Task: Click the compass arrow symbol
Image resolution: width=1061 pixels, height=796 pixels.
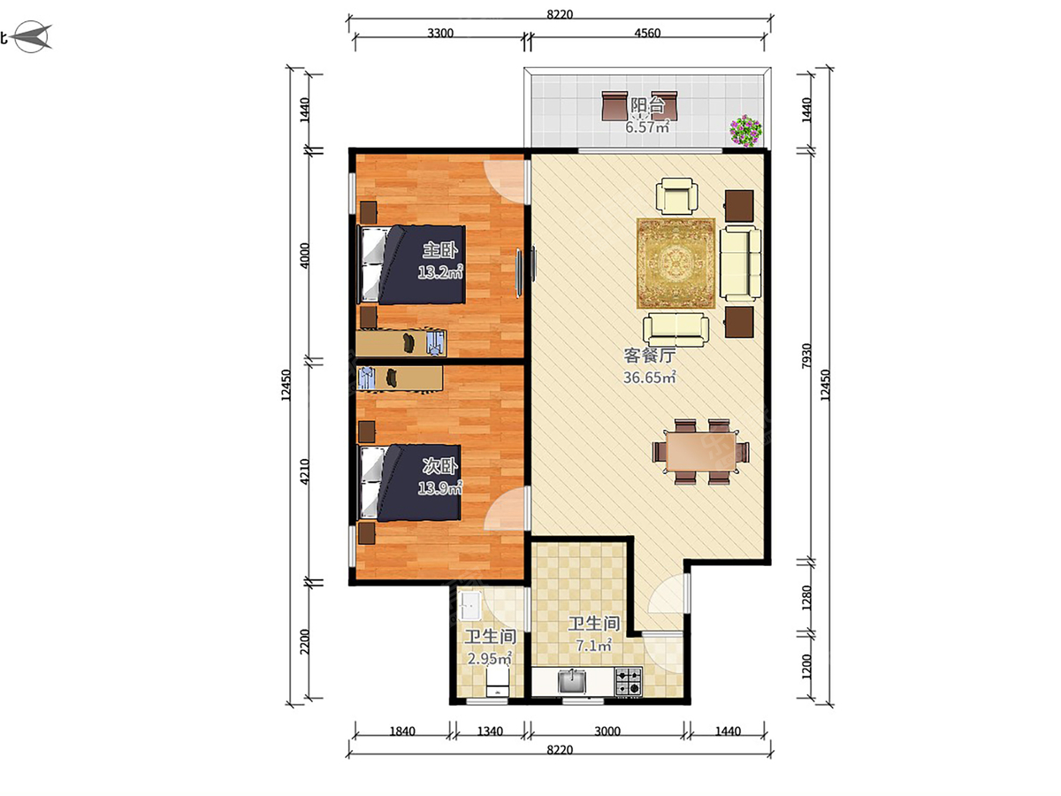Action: (x=33, y=37)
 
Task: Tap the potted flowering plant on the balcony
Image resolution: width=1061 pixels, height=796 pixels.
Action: (x=745, y=131)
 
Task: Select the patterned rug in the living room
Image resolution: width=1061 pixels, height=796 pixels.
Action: (x=676, y=264)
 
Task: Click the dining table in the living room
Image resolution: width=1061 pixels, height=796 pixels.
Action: (x=700, y=451)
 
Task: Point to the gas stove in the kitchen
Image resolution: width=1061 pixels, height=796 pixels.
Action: (x=629, y=681)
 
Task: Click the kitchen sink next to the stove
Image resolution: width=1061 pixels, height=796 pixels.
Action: (x=572, y=681)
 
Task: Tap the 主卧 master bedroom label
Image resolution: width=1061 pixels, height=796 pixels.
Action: (x=439, y=250)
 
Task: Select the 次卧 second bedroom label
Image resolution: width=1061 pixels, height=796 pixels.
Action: (x=439, y=466)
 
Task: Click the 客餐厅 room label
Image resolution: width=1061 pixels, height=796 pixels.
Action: (x=649, y=356)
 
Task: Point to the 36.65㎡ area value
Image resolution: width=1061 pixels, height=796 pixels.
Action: (x=649, y=377)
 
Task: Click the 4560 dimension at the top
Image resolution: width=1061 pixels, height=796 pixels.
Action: (x=647, y=33)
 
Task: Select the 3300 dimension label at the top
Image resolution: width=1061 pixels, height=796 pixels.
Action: (x=440, y=33)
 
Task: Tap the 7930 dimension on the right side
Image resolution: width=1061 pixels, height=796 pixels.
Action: (x=805, y=356)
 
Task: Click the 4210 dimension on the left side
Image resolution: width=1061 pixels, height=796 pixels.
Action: (x=304, y=471)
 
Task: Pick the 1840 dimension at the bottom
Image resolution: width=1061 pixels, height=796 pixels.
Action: (x=402, y=731)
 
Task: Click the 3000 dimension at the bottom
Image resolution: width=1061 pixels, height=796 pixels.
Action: (x=607, y=731)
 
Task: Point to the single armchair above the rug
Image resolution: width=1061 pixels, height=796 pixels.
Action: (x=676, y=195)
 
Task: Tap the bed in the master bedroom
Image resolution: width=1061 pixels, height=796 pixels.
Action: (x=411, y=264)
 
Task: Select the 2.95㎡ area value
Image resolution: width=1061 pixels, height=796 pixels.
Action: (x=489, y=658)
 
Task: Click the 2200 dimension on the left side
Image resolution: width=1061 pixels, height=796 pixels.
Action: (x=304, y=641)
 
